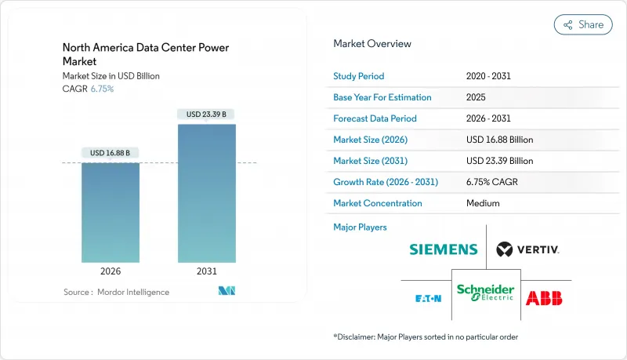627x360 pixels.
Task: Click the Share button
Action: click(x=583, y=24)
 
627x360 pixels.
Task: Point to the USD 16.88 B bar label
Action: click(x=111, y=152)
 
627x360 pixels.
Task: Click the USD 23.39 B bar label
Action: click(x=207, y=114)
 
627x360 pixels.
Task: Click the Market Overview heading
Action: click(x=372, y=43)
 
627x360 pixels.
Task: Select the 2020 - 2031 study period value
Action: click(x=489, y=76)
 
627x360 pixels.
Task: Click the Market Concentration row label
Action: click(x=378, y=203)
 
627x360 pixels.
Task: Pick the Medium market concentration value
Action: click(x=482, y=203)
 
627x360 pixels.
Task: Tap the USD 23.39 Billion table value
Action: click(x=499, y=161)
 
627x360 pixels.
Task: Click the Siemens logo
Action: click(x=443, y=249)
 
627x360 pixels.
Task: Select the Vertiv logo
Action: click(x=527, y=249)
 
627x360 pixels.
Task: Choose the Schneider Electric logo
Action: click(x=486, y=293)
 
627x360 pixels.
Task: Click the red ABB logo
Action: click(x=544, y=297)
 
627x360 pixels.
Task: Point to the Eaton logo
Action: click(x=427, y=298)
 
